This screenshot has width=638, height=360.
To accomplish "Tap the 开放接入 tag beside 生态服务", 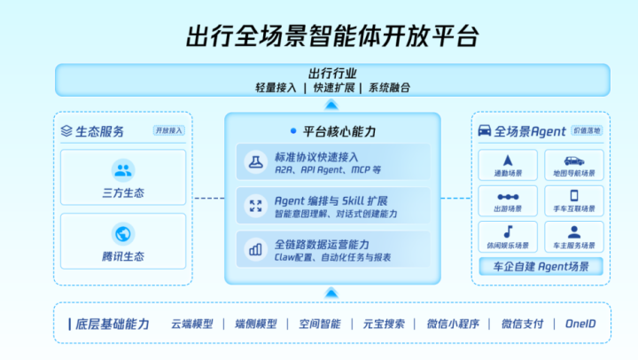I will click(168, 130).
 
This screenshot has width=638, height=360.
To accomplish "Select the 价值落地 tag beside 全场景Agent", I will click(587, 130).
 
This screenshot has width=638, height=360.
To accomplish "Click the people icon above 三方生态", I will click(123, 169).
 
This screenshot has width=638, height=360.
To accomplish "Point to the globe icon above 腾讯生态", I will click(123, 234).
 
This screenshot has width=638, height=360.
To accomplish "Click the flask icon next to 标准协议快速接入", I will click(255, 162).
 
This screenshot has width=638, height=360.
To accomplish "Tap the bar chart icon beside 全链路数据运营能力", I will click(255, 249).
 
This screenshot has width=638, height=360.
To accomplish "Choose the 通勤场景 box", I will click(508, 164).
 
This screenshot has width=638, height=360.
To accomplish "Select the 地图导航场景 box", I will click(574, 164).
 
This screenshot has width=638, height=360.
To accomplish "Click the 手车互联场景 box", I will click(574, 200).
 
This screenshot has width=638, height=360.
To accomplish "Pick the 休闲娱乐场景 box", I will click(508, 237).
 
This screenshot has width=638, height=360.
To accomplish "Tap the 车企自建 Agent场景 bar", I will click(541, 267).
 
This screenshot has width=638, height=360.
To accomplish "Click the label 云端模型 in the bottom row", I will click(192, 324).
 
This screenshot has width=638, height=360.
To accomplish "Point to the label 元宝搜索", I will click(383, 324).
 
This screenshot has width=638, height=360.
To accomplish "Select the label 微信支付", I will click(522, 324).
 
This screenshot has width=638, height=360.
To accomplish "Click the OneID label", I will click(581, 324).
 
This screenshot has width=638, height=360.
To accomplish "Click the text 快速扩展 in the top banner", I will click(333, 88).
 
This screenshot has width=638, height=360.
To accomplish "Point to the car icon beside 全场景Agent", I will click(485, 131).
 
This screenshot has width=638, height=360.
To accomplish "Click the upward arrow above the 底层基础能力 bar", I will click(331, 292).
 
